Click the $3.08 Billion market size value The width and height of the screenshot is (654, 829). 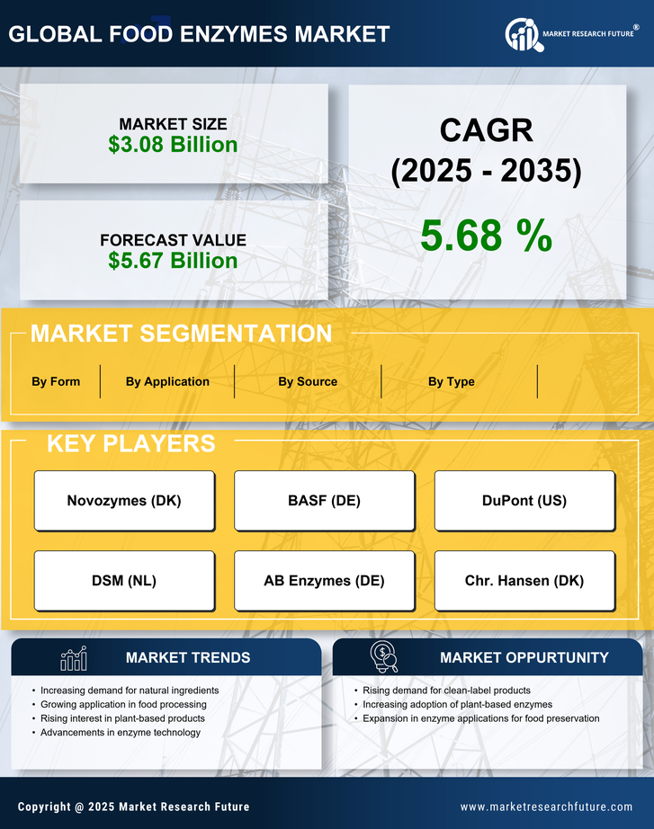coord(173,145)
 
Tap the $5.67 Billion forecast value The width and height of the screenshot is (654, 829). coord(173,261)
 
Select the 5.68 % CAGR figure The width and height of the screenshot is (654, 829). coord(486,236)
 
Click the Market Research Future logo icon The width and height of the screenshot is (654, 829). coord(522,35)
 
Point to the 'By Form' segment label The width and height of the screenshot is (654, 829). coord(56,381)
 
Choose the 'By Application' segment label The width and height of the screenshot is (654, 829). coord(167,381)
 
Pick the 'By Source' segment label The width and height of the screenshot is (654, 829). coord(308,381)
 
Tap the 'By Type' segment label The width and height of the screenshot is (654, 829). coord(452,381)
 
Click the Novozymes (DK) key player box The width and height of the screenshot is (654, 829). coord(124,501)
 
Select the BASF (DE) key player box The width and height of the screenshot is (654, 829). coord(324,501)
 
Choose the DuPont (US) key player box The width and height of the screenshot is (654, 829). coord(524,501)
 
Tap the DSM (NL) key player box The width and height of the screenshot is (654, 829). coord(124,581)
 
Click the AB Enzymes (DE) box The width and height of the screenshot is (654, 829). coord(324,581)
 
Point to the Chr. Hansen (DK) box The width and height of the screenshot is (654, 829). coord(524,581)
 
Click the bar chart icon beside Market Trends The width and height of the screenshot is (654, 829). coord(74,658)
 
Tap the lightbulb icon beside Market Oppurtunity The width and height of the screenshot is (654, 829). coord(383,657)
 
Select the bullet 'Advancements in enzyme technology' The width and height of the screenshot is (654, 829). coord(121,733)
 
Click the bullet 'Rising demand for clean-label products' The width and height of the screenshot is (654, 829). coord(446,691)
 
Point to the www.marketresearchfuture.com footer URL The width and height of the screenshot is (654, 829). coord(546,807)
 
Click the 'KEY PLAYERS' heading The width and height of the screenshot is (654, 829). coord(130,443)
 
